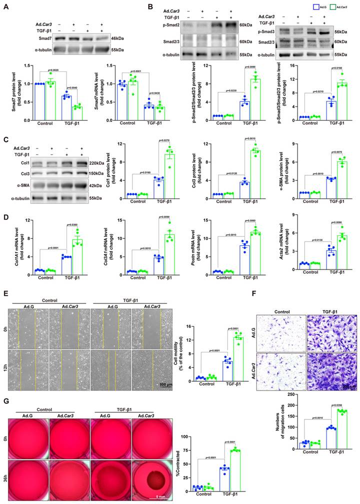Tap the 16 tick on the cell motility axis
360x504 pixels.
click(x=201, y=327)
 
